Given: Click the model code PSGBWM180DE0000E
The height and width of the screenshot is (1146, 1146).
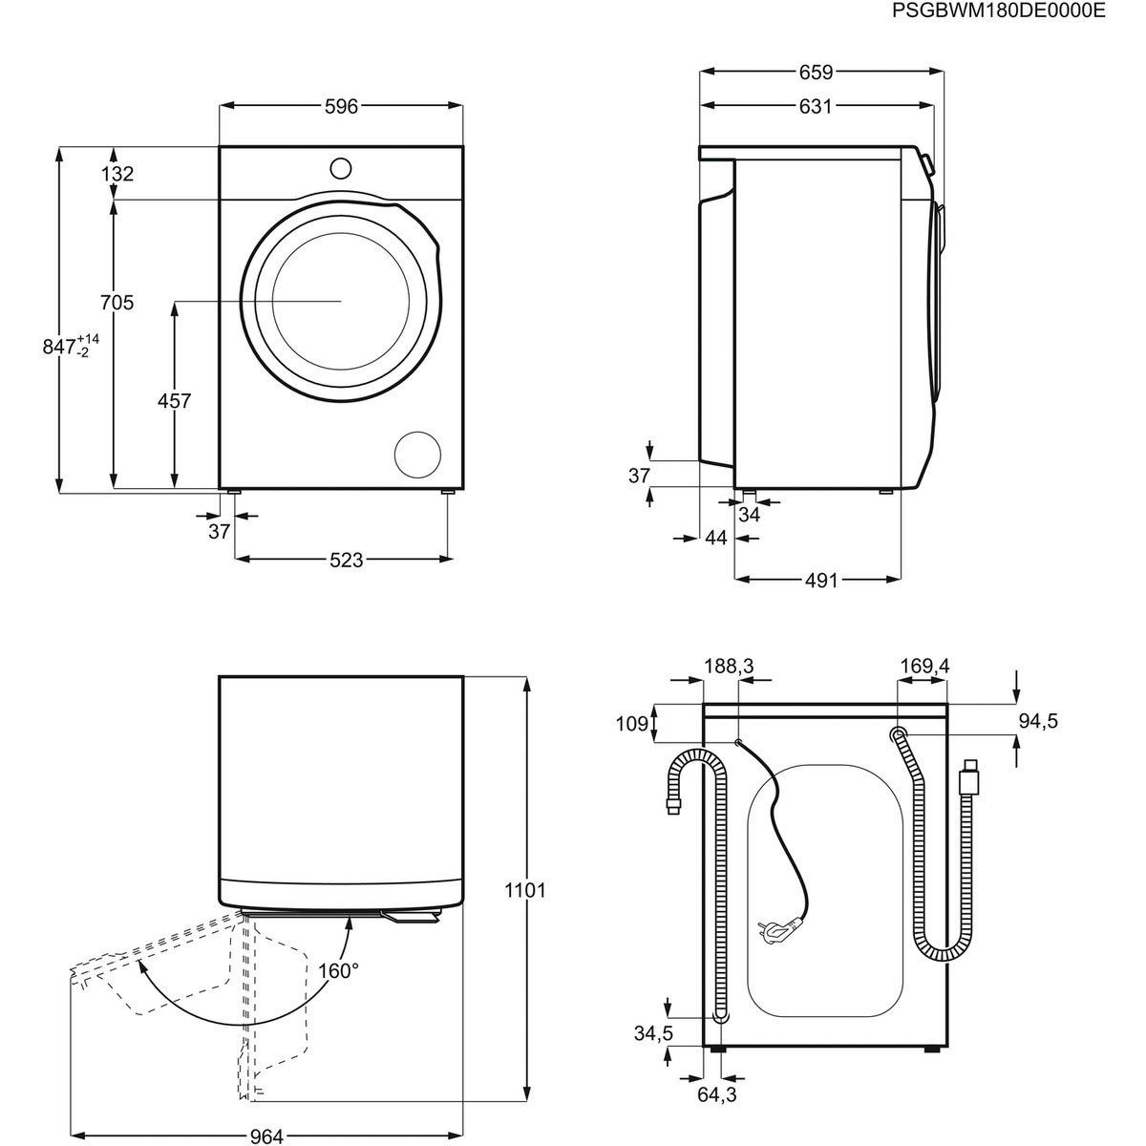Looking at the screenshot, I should (999, 11).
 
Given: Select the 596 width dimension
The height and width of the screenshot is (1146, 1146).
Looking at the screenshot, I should (341, 107).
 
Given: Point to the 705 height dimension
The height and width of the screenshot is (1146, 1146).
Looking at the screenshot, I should (117, 303).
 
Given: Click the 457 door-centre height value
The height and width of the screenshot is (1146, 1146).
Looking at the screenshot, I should (174, 401).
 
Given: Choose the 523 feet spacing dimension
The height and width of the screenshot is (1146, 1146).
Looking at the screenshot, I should (346, 561).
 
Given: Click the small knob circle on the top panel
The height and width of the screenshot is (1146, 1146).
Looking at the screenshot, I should (341, 168).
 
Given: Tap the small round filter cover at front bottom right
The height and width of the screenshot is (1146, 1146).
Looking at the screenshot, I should (418, 455).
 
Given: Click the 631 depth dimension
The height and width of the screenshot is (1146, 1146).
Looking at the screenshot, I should (815, 107).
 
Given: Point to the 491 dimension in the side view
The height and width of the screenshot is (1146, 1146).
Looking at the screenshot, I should (818, 580).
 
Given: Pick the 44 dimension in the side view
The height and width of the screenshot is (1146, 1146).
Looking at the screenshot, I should (716, 539).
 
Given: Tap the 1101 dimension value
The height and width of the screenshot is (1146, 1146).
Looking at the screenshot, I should (524, 890).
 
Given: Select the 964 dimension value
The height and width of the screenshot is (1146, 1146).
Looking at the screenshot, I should (267, 1110).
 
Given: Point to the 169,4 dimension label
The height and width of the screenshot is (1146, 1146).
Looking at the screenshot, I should (923, 665).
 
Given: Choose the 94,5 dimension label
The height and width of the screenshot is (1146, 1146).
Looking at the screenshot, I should (1037, 721).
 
